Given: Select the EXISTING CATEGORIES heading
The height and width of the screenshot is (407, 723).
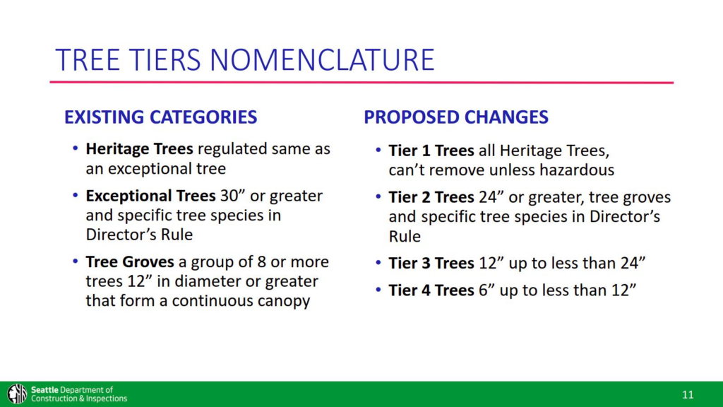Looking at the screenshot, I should pyautogui.click(x=160, y=117).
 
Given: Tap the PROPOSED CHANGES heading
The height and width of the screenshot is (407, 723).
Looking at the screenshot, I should pyautogui.click(x=456, y=117).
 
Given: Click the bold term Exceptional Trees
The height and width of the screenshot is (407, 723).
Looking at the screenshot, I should pyautogui.click(x=139, y=195).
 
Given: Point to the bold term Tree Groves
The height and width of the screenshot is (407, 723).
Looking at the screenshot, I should pyautogui.click(x=130, y=262).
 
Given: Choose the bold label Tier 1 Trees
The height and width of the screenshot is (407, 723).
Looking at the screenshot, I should pyautogui.click(x=431, y=151).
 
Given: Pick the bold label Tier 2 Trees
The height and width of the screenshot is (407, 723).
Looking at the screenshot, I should pyautogui.click(x=431, y=197).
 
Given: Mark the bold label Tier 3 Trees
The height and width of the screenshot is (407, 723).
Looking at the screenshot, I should pyautogui.click(x=431, y=264).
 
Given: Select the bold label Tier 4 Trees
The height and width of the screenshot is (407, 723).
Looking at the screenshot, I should pyautogui.click(x=431, y=290).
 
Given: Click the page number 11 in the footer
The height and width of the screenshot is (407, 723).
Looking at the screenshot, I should pyautogui.click(x=688, y=394).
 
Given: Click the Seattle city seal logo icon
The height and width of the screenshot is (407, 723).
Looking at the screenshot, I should pyautogui.click(x=17, y=394).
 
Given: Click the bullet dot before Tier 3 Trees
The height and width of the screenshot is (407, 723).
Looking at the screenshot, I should pyautogui.click(x=378, y=264).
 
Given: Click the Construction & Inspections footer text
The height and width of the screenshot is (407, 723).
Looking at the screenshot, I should pyautogui.click(x=79, y=399).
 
